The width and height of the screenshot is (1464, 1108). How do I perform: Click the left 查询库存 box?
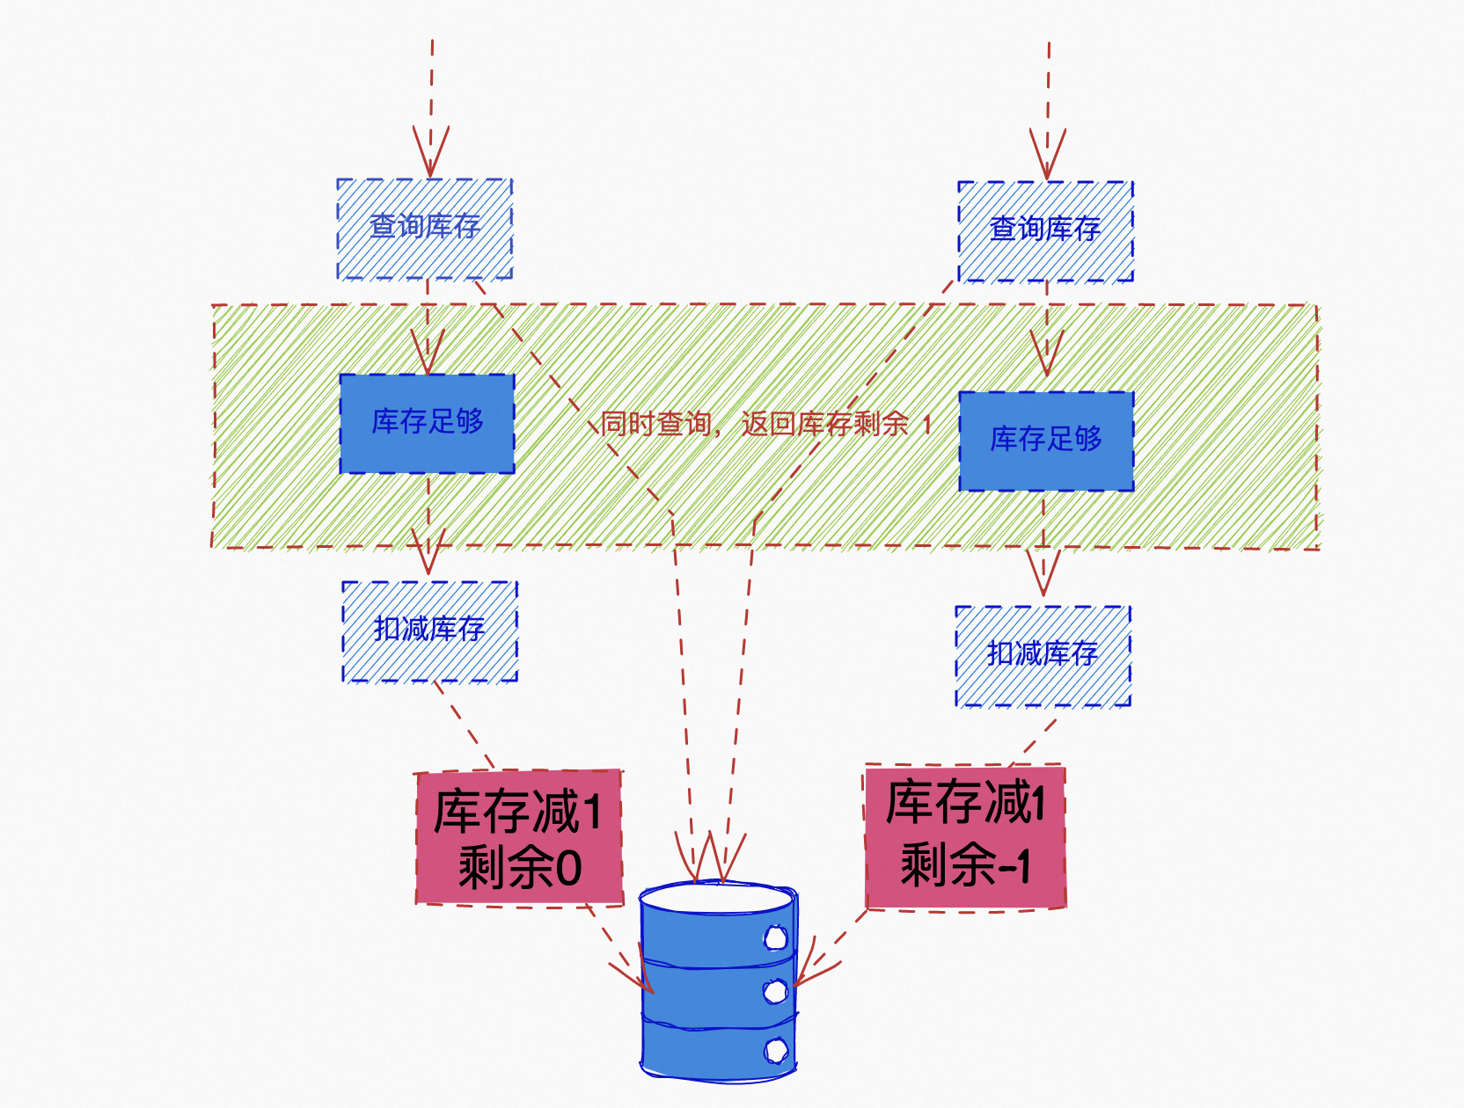pos(425,229)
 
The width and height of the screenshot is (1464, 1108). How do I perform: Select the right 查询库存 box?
pos(1045,231)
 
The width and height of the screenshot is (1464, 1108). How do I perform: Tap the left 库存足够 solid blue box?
pos(428,423)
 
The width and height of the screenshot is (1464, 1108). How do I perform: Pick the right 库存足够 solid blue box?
pos(1046,441)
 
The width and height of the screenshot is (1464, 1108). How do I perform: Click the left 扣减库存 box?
pos(429,631)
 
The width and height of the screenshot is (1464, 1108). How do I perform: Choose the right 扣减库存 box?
pos(1043,655)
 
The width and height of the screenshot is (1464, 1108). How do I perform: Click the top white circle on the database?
pos(775,938)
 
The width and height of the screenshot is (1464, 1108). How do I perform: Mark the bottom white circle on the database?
pos(775,1049)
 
